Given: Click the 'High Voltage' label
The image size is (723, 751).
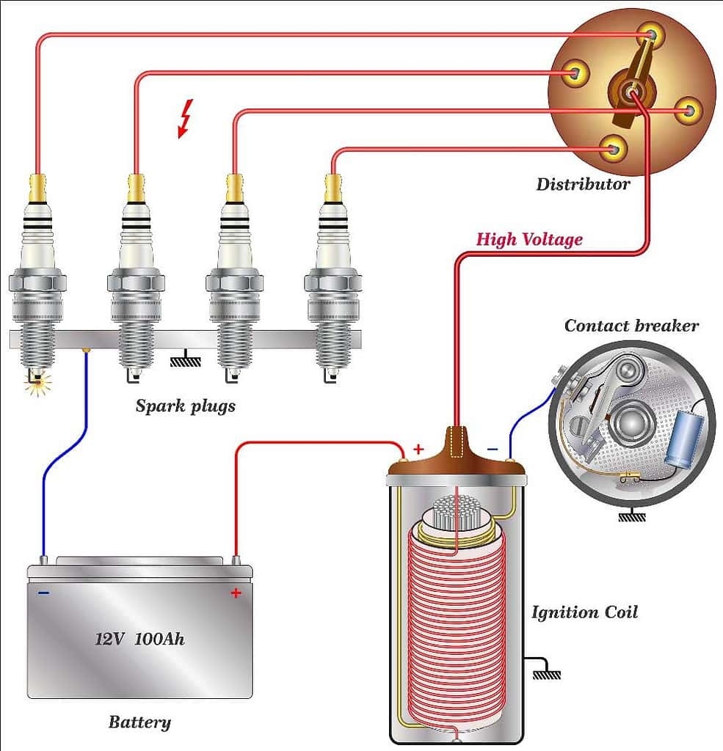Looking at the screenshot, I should (529, 239).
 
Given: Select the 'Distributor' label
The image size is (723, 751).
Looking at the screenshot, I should (582, 184).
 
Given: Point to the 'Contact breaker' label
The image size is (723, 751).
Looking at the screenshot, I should (631, 326).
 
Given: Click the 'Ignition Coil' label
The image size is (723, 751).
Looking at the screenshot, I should (584, 612).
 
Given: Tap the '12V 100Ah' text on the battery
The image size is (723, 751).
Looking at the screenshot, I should (139, 638).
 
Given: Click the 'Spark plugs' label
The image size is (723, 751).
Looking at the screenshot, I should (185, 406).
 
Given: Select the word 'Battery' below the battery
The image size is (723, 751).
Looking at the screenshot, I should (139, 722).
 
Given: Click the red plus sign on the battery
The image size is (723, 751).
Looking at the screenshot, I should (236, 593).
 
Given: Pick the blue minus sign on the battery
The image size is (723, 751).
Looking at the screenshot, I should (44, 593).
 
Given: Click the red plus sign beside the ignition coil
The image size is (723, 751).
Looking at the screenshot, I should (418, 448).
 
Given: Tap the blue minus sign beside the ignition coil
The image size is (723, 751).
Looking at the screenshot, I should (492, 449).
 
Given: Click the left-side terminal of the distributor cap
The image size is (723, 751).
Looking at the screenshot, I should (575, 73).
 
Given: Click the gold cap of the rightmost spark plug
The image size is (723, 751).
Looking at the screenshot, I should (332, 188).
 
